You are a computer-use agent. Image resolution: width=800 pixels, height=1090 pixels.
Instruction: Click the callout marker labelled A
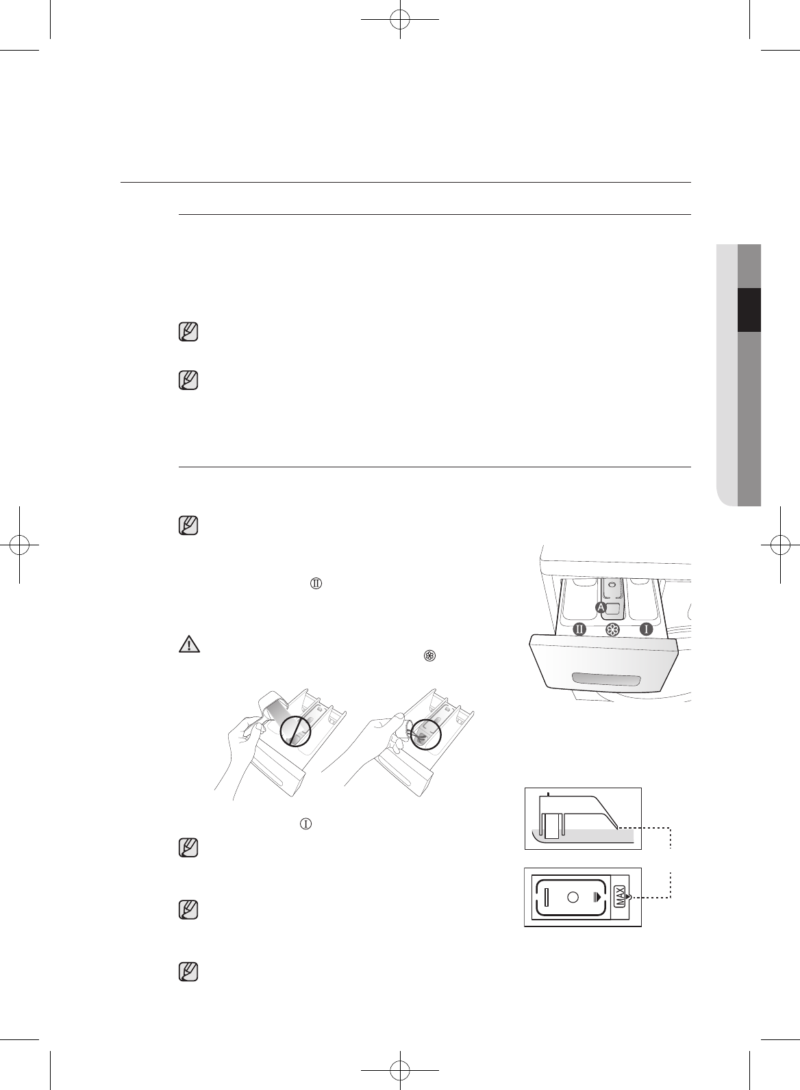(601, 608)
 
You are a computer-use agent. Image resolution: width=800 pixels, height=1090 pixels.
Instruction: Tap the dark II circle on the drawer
(579, 630)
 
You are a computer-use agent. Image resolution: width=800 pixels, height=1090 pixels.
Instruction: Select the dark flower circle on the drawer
(613, 630)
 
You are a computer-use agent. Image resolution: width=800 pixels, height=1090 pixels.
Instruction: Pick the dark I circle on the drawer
(646, 630)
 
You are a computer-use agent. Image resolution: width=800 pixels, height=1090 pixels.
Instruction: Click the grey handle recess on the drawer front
(605, 679)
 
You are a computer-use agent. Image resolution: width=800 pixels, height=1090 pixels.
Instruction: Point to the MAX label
(620, 896)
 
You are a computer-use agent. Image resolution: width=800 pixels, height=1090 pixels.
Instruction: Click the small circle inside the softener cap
(573, 896)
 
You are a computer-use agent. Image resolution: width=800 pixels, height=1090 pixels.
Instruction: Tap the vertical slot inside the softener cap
(547, 896)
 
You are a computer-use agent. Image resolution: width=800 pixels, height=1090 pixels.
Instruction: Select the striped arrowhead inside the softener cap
(597, 896)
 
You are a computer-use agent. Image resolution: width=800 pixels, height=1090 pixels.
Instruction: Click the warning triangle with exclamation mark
(190, 644)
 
